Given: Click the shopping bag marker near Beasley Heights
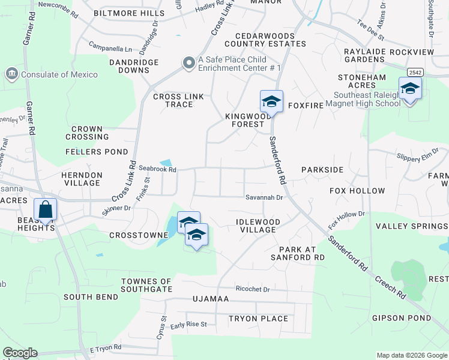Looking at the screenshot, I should (45, 210).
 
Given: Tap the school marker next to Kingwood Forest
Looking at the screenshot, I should (271, 102).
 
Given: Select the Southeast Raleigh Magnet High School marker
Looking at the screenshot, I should (410, 89).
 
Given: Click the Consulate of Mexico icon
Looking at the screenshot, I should (11, 74).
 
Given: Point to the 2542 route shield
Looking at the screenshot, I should (414, 72).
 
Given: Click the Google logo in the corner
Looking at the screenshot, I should (19, 353).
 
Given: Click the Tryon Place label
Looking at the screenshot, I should (258, 319).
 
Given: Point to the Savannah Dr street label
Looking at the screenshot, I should (264, 197).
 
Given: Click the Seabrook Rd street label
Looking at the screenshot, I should (157, 170).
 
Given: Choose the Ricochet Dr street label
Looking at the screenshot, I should (253, 289).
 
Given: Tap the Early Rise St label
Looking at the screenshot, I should (188, 325).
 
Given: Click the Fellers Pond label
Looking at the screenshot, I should (97, 152).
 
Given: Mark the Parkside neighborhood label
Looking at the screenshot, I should (322, 170).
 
